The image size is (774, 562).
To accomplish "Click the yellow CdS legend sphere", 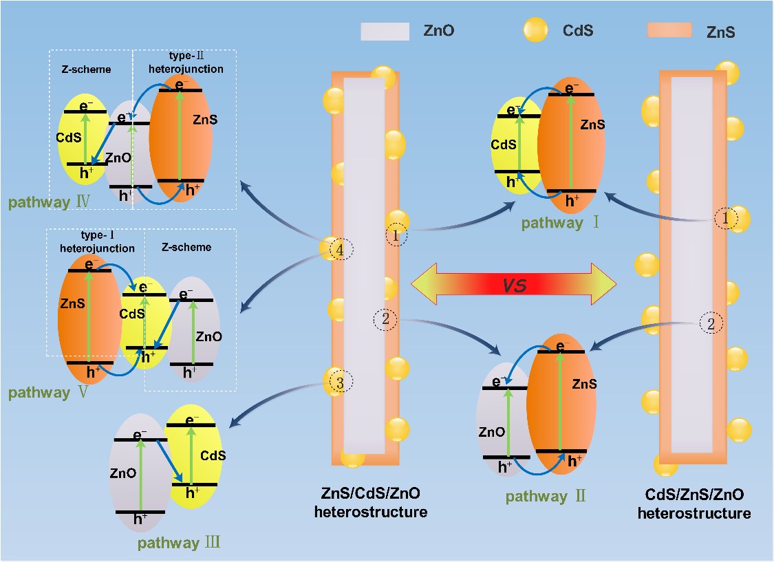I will click(x=535, y=30).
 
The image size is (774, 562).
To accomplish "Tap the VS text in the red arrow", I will click(x=515, y=284).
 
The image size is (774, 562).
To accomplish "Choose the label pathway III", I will click(x=179, y=543).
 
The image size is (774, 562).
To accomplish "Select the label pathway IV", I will click(x=50, y=203).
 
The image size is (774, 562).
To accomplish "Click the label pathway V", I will click(x=49, y=393).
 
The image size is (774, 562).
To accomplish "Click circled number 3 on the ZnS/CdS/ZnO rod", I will click(x=337, y=382).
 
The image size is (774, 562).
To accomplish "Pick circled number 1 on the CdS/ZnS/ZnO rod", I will click(x=725, y=219).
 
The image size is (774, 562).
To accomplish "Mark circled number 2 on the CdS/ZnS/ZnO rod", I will click(x=711, y=323).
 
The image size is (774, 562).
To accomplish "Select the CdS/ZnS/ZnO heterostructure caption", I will click(x=694, y=504).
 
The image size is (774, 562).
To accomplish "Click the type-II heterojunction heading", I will click(x=186, y=63).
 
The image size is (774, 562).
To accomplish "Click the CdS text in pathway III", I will click(x=213, y=455).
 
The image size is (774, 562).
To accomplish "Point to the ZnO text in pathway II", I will click(x=492, y=432).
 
